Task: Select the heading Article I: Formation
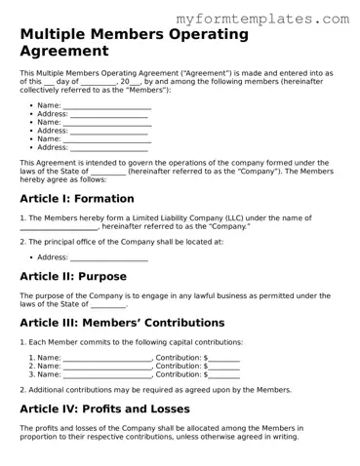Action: [77, 198]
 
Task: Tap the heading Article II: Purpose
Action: [73, 276]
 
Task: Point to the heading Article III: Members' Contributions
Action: [122, 323]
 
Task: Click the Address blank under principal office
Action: [109, 258]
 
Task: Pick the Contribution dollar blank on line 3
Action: [224, 374]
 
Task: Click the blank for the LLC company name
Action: [59, 227]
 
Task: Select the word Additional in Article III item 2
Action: [45, 389]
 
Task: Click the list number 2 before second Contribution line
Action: [31, 366]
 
